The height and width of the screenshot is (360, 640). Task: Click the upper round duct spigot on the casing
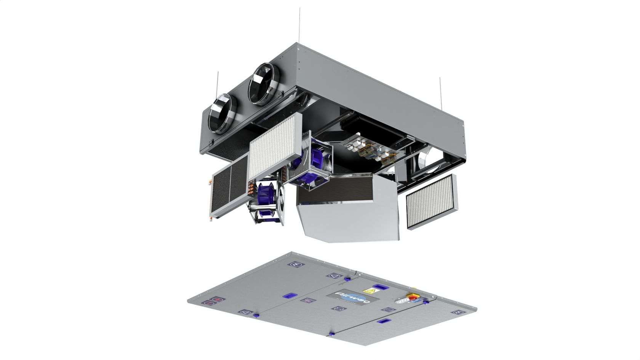tap(263, 84)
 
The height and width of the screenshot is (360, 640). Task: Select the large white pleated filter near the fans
tap(275, 147)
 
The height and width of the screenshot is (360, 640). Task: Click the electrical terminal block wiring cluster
tap(366, 149)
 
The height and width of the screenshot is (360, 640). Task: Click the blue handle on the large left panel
tap(291, 296)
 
